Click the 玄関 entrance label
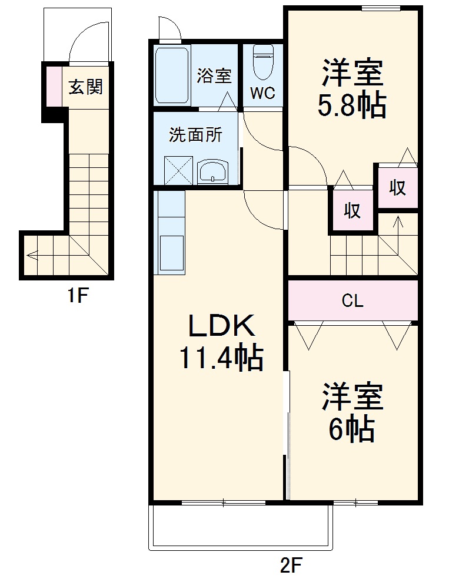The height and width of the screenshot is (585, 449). (86, 87)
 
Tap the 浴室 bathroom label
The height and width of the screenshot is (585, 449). (214, 76)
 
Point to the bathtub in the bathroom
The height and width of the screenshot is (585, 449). (172, 75)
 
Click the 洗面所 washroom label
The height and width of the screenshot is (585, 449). (195, 135)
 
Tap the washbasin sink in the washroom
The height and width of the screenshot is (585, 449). (212, 172)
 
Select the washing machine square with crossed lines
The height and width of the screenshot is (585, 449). (178, 170)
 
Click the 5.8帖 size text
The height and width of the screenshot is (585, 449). (352, 106)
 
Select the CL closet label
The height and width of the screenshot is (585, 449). (352, 301)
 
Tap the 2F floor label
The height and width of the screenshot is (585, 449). (290, 566)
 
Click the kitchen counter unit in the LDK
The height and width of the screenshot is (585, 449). (170, 233)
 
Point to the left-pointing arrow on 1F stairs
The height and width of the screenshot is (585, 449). (33, 256)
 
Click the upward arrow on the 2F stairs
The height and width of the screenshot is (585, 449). (398, 224)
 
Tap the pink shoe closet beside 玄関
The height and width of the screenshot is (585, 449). (54, 87)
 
